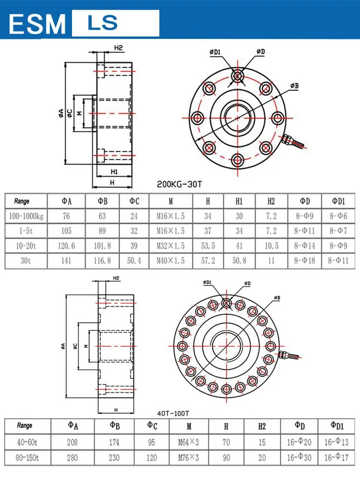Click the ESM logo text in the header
37,24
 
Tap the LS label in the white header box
102,23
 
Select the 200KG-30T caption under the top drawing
179,183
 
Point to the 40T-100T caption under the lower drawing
173,413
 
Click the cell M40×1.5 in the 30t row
170,260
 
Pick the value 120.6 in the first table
66,245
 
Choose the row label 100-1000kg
26,216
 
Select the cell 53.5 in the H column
208,245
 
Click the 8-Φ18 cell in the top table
305,260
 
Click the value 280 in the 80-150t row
72,457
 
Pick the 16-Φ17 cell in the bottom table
336,457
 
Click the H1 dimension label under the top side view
114,171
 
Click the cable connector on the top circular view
293,141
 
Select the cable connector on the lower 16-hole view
289,356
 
